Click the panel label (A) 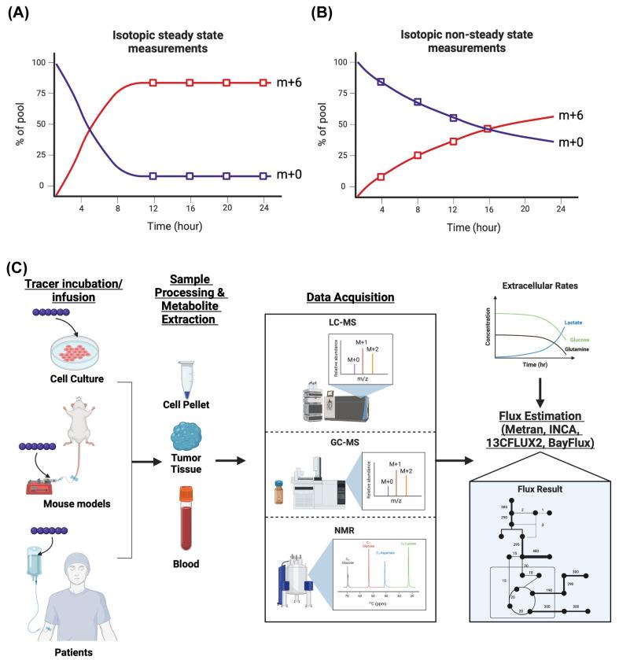point(17,13)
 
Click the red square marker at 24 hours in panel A point(263,83)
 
